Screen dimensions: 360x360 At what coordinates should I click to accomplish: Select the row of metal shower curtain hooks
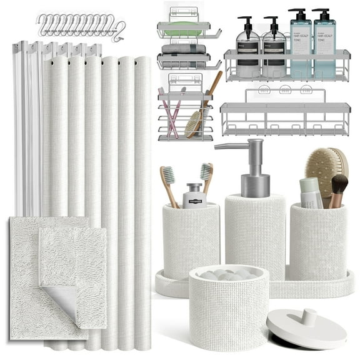point(81,24)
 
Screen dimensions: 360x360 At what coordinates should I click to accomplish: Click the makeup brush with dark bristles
point(339,187)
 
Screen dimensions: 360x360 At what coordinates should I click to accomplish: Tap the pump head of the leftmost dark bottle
point(246,21)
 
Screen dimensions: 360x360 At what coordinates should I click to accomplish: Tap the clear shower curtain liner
point(25,125)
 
